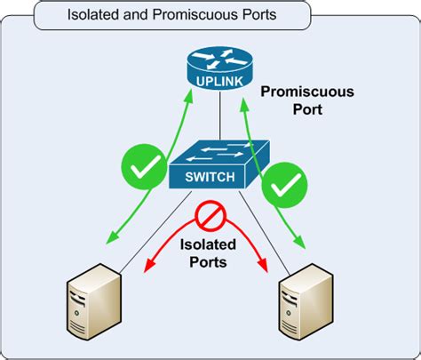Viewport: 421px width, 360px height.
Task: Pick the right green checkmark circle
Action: point(286,184)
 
